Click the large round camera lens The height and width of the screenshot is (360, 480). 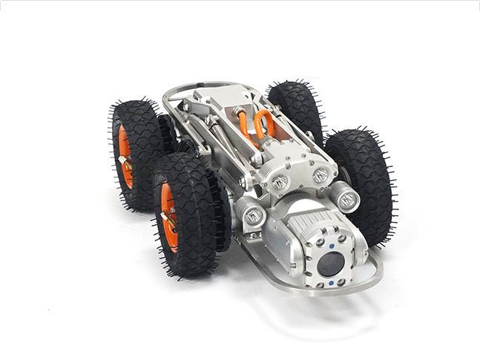click(x=332, y=264)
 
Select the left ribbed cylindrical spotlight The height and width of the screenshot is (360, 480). click(x=252, y=215)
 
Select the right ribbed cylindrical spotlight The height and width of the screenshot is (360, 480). click(x=345, y=196)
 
